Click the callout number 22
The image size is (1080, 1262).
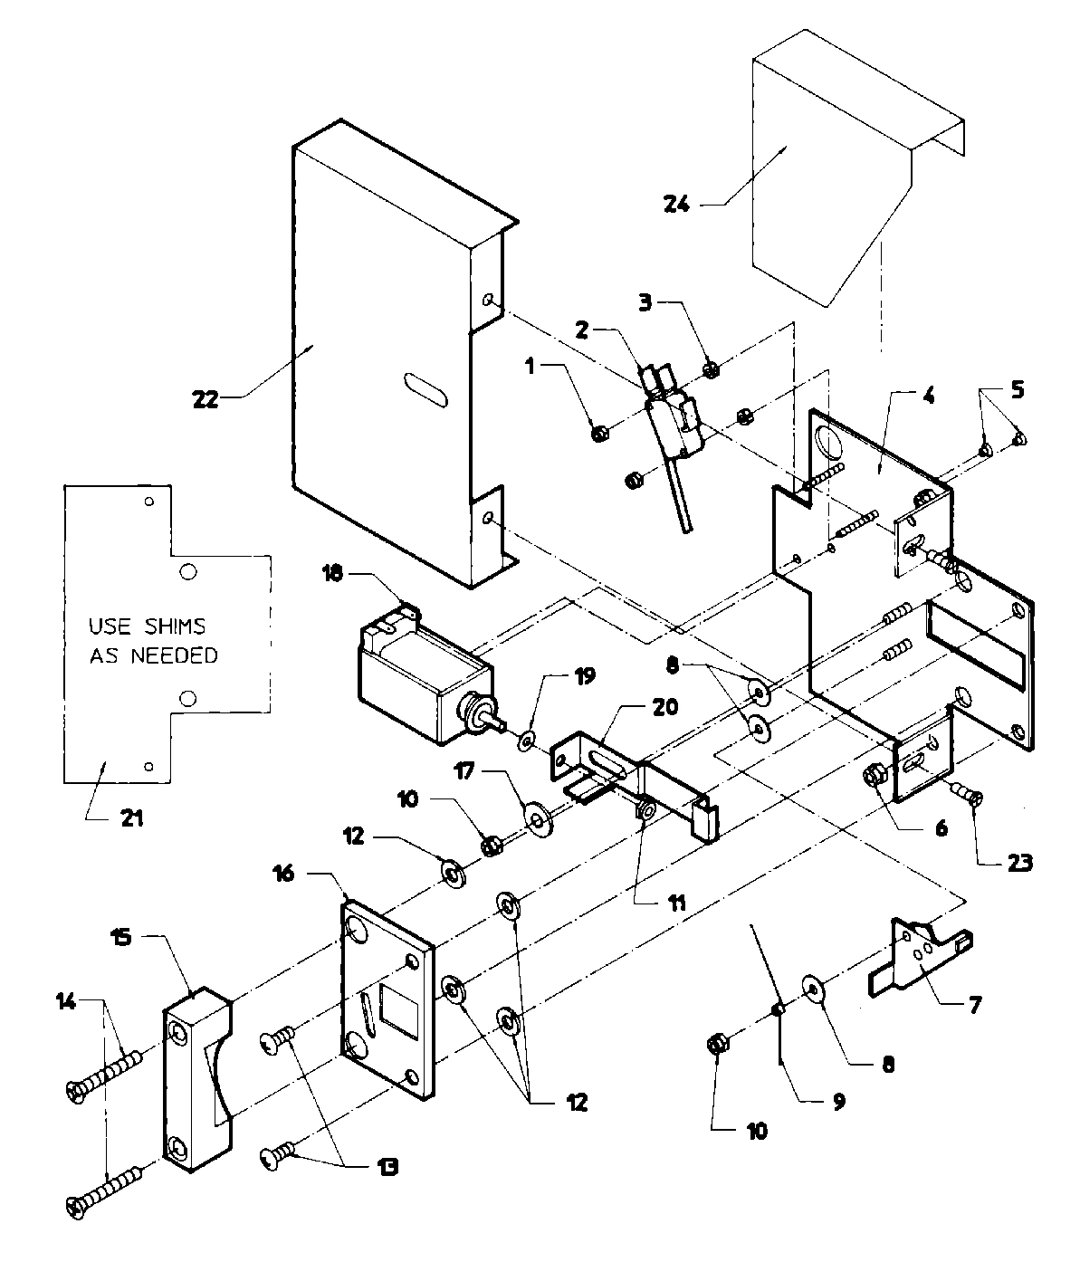coord(205,398)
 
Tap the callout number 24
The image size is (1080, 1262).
coord(676,205)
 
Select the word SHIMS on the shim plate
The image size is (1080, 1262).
coord(177,626)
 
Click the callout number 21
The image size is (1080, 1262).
coord(131,819)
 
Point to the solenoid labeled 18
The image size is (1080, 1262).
coord(421,674)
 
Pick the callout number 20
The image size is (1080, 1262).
coord(665,707)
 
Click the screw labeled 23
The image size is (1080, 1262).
coord(970,797)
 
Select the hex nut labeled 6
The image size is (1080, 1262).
coord(875,775)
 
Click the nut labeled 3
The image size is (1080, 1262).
coord(711,369)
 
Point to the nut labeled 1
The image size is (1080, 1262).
coord(598,434)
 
